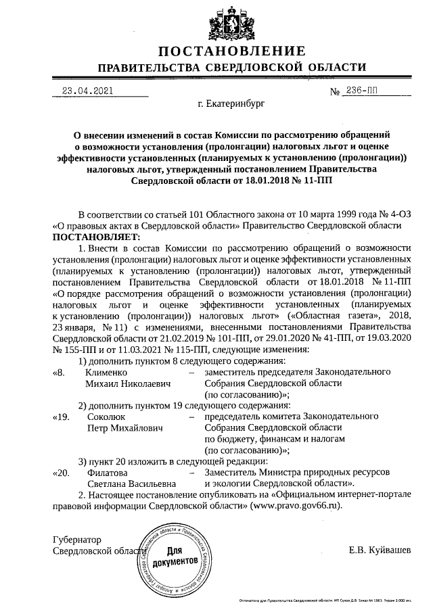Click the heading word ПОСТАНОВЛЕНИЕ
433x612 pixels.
click(231, 52)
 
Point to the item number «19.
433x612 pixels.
click(60, 418)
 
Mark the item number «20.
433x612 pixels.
click(60, 473)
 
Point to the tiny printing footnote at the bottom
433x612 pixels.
click(334, 600)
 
